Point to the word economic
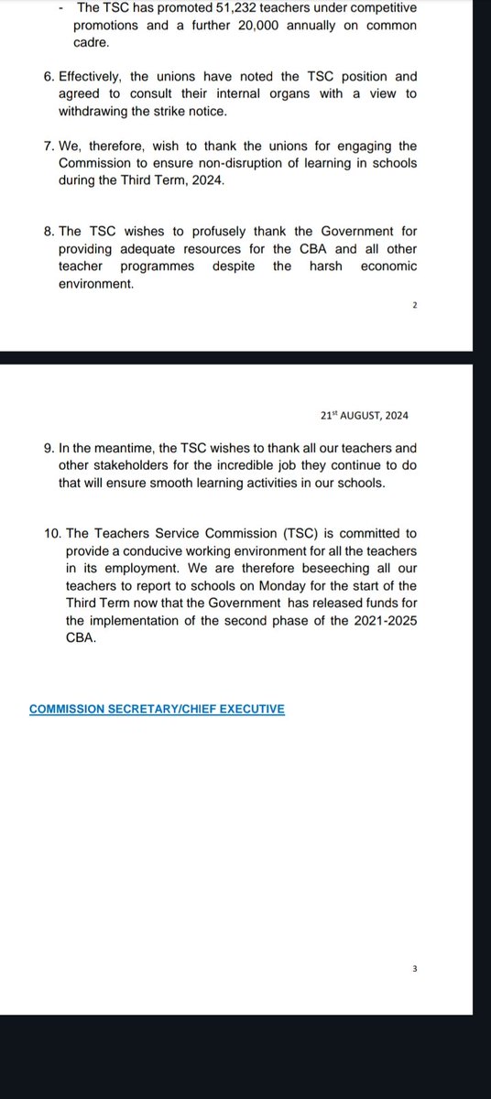tap(386, 267)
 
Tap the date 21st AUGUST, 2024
tap(364, 415)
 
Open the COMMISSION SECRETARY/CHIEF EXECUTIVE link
tap(157, 709)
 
